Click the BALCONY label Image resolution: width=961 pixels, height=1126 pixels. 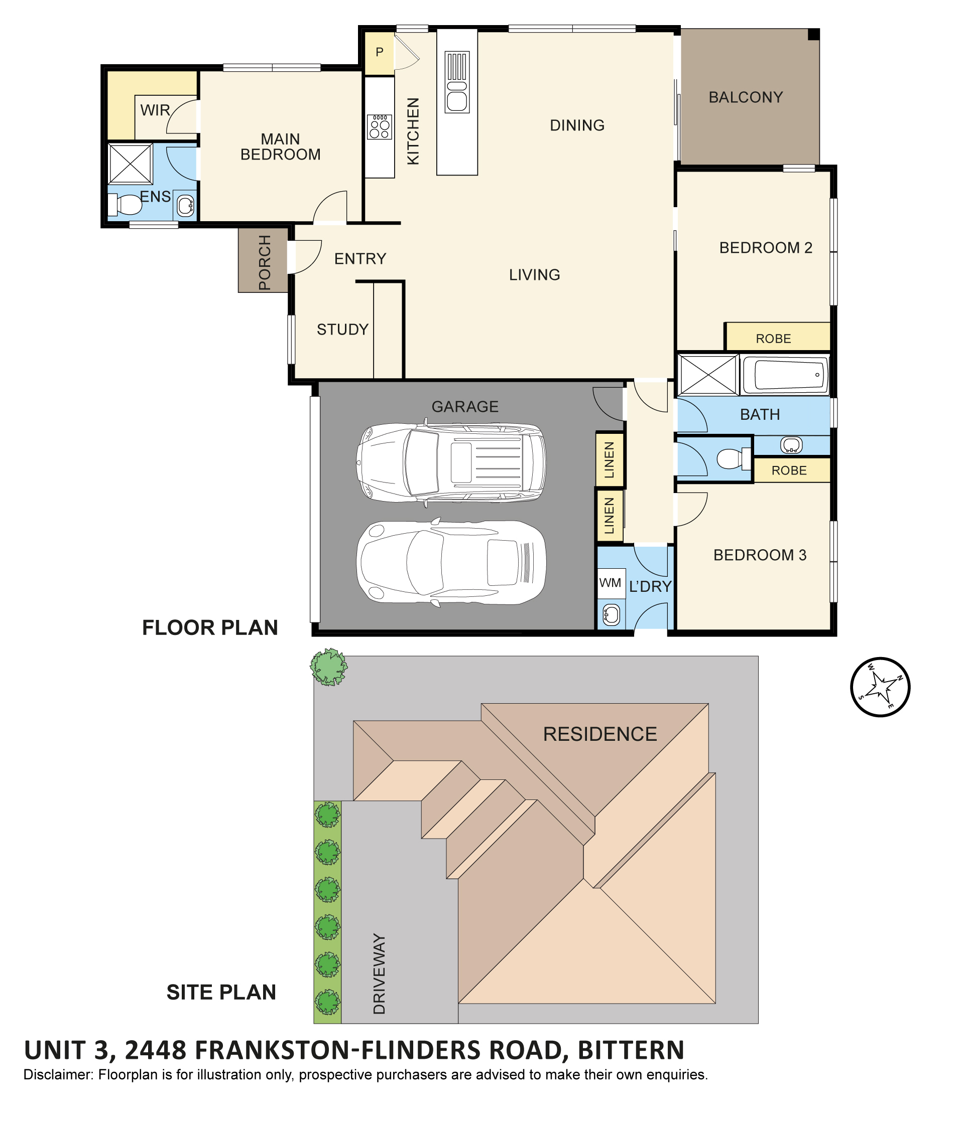(745, 97)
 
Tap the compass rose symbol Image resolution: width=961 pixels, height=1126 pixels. (880, 687)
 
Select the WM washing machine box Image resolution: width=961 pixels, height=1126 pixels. (611, 583)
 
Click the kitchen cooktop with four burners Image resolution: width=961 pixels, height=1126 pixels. (379, 126)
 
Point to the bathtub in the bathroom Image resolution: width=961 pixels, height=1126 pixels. (785, 375)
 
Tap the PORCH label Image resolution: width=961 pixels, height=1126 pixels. (264, 262)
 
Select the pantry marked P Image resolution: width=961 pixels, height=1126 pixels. (379, 53)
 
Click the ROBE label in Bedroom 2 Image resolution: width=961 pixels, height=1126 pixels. (773, 339)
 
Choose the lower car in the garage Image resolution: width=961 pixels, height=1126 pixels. (451, 562)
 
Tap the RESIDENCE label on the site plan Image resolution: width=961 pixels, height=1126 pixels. (600, 734)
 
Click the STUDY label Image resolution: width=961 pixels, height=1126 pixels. (342, 330)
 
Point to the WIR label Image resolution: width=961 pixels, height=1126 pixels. (155, 110)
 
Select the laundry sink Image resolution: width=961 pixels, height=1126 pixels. (611, 614)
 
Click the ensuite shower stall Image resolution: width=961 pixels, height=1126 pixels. (131, 164)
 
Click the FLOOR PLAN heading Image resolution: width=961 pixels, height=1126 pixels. (210, 627)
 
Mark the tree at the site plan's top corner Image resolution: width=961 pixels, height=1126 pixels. (329, 667)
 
